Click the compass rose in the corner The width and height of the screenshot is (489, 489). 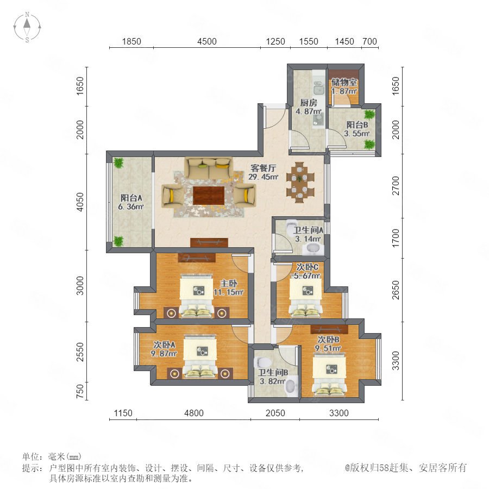[x=27, y=27]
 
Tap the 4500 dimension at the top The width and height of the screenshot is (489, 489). [x=207, y=41]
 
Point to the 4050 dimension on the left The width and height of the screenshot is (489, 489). [x=80, y=202]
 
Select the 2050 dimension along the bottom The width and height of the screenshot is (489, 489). [x=275, y=413]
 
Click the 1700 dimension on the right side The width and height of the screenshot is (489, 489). [x=396, y=238]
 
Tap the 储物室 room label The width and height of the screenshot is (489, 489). [x=344, y=82]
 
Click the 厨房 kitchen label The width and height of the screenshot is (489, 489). [x=309, y=102]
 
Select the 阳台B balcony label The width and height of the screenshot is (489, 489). [x=357, y=125]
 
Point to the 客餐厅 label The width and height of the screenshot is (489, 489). [x=263, y=168]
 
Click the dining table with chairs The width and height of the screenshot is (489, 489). [x=300, y=182]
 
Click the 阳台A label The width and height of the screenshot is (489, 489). [x=131, y=198]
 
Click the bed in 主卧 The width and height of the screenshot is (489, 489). [x=197, y=296]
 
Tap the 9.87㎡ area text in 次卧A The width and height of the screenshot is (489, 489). [x=164, y=353]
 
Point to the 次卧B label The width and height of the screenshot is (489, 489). [x=328, y=339]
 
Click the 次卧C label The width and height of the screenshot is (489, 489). [x=307, y=267]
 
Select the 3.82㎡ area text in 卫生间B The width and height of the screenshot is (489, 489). [x=272, y=381]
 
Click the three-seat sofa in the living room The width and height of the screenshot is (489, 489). [x=208, y=168]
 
